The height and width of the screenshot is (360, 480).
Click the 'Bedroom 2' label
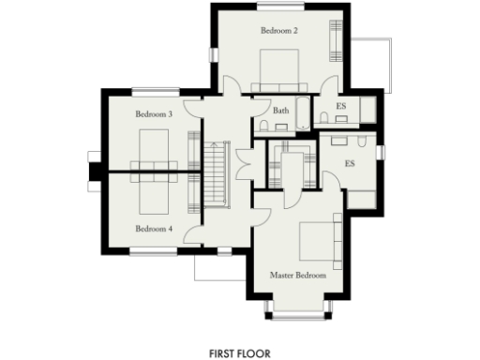[278, 31]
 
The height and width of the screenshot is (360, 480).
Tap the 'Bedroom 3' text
[154, 114]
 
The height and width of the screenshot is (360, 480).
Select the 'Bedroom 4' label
[154, 228]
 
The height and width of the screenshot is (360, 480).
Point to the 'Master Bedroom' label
[298, 276]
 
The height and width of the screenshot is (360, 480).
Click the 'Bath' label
[280, 111]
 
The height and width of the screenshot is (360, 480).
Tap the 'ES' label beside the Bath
[341, 107]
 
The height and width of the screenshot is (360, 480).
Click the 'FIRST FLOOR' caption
[240, 353]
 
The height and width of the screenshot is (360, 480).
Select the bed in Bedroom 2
[278, 69]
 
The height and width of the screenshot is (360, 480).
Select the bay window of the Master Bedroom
[298, 306]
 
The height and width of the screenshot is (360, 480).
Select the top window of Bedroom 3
[154, 91]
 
